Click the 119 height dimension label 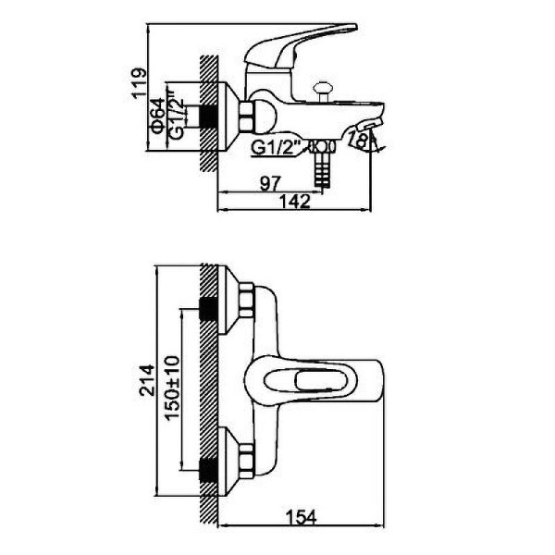tap(139, 82)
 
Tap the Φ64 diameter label tap(158, 116)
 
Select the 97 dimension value tap(270, 184)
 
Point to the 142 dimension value tap(295, 202)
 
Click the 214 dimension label tap(147, 380)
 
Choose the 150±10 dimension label tap(172, 388)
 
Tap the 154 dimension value tap(302, 517)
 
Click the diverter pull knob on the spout tap(322, 92)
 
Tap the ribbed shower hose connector tap(323, 169)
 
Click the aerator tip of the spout tap(369, 125)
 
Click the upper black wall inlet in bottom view tap(209, 308)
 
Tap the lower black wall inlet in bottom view tap(209, 471)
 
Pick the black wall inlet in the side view tap(209, 117)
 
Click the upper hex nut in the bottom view tap(247, 300)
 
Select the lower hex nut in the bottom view tap(247, 461)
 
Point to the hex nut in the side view tap(247, 117)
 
